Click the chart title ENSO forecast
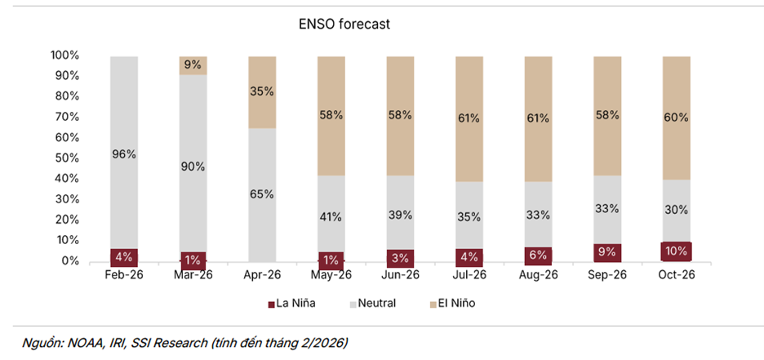[x=344, y=24]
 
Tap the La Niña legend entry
[x=291, y=304]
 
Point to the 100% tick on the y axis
[x=64, y=56]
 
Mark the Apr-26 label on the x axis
[x=263, y=275]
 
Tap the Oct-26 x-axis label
[x=676, y=275]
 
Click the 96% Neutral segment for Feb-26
[x=125, y=153]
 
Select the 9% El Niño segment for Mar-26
[x=193, y=65]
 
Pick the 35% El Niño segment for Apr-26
[x=263, y=91]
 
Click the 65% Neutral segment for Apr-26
[x=263, y=194]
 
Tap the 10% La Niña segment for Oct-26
[x=676, y=251]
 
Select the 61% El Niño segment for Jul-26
[x=469, y=118]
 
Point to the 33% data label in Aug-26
[x=538, y=216]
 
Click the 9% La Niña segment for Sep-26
[x=607, y=252]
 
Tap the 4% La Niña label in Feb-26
[x=125, y=255]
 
